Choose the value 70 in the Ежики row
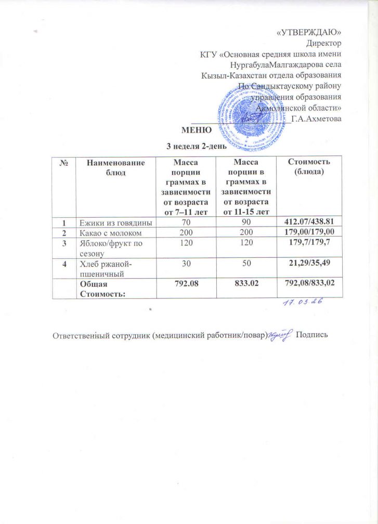pyautogui.click(x=183, y=222)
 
